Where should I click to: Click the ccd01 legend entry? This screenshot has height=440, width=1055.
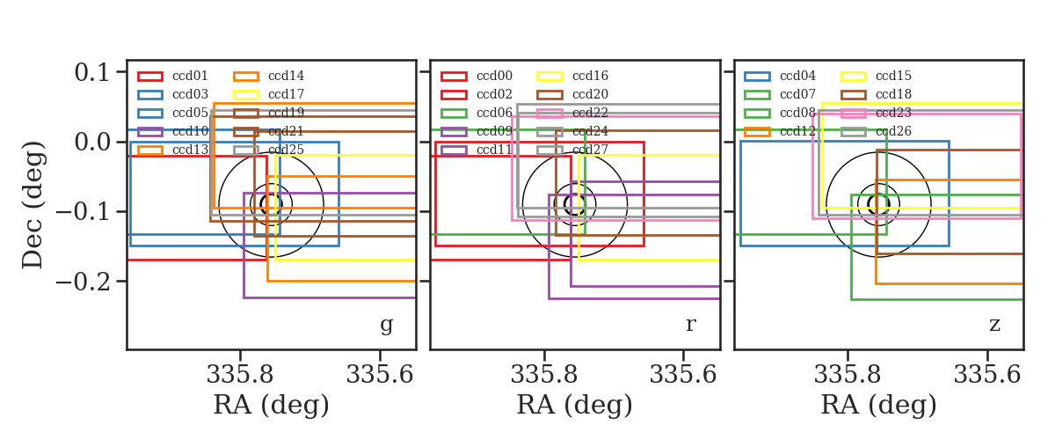coord(172,76)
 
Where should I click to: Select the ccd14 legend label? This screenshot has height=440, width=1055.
coord(286,76)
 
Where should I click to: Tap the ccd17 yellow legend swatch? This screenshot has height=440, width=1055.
coord(246,95)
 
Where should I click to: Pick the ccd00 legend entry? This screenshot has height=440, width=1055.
coord(477,76)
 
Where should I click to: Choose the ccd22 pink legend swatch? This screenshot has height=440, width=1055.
coord(549,114)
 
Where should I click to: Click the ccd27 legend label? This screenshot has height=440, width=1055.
coord(590,150)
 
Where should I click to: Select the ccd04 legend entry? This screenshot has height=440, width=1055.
coord(780,76)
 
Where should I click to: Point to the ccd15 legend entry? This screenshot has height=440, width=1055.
coord(876,76)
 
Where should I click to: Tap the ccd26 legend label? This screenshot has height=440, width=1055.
coord(893,132)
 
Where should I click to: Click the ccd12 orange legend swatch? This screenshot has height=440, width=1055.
coord(757,132)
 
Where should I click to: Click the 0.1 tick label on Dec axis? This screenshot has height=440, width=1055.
coord(91,73)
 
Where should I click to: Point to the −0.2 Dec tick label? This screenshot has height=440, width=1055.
coord(84,282)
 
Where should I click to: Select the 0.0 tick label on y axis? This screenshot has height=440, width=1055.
coord(91,142)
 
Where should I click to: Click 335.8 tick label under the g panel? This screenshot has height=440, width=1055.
coord(240,375)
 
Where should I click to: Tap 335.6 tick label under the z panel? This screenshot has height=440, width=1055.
coord(987,375)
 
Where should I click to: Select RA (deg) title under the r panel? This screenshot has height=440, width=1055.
coord(575,405)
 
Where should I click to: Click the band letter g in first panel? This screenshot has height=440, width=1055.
coord(386,325)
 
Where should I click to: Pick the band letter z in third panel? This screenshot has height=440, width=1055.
coord(994,325)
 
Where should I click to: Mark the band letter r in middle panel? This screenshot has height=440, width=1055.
coord(690,325)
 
